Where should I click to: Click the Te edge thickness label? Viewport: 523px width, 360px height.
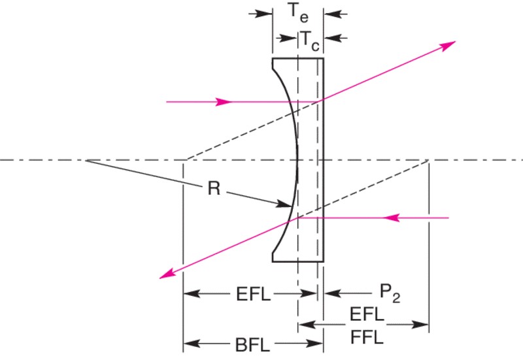(x=299, y=12)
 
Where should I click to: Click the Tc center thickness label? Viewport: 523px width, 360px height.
(x=310, y=41)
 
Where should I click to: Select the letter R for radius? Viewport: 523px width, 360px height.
(x=214, y=188)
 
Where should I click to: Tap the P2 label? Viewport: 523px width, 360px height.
(x=390, y=293)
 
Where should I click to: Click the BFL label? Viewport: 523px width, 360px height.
(x=252, y=345)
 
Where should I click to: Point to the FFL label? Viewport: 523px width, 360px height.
(x=367, y=337)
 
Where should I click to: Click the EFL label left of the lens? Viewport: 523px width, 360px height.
(x=254, y=294)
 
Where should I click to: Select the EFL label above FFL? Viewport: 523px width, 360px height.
(x=367, y=314)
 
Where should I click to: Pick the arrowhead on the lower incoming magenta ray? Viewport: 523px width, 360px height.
(x=391, y=218)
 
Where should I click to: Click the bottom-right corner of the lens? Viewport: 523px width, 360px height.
(x=323, y=261)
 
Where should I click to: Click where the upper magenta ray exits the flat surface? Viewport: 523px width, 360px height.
(x=323, y=99)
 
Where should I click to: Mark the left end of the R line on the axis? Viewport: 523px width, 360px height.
(x=86, y=161)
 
